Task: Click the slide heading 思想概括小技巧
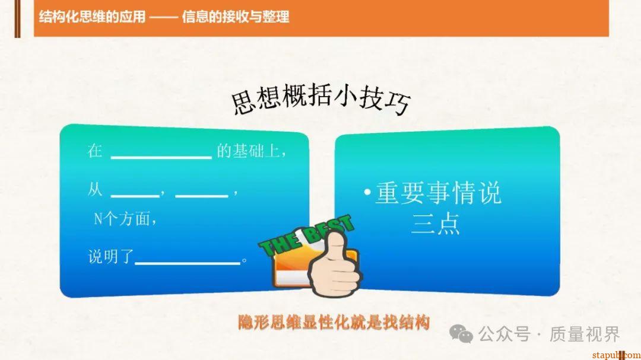[x=320, y=103]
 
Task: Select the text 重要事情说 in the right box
[x=439, y=194]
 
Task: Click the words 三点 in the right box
[x=436, y=224]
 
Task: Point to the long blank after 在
[x=161, y=157]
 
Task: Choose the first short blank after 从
[x=135, y=195]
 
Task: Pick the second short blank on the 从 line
[x=202, y=195]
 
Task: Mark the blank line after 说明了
[x=187, y=263]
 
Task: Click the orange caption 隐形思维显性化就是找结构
[x=333, y=323]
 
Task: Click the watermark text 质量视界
[x=585, y=334]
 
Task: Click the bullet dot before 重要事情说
[x=368, y=193]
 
